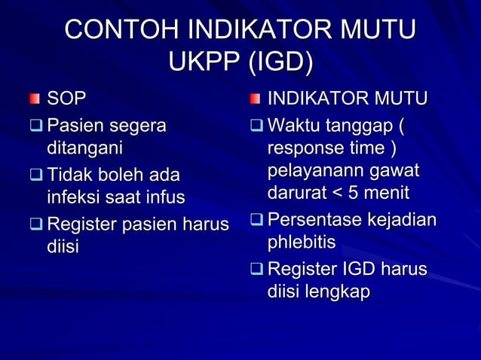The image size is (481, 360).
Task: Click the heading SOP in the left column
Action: [67, 98]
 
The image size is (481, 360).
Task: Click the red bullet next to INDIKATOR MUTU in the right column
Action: [256, 99]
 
